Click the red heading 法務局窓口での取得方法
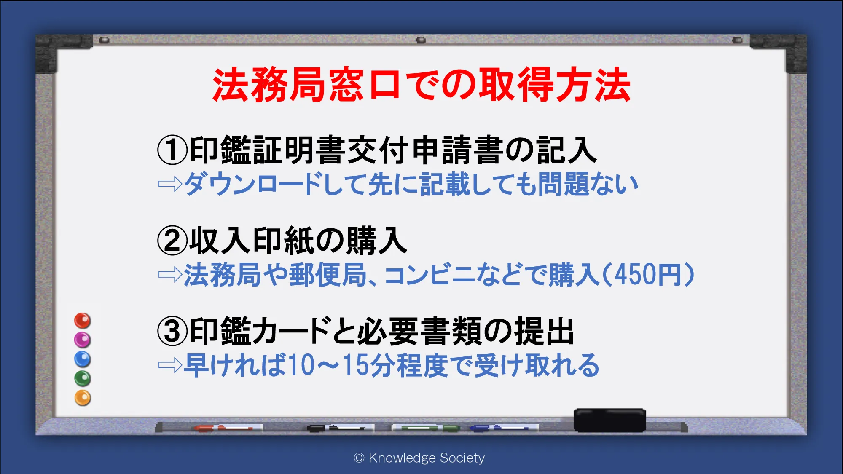(x=421, y=85)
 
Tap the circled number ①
(x=172, y=150)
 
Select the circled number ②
(x=172, y=241)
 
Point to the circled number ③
(x=172, y=331)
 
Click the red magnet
(x=83, y=321)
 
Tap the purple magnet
(x=83, y=340)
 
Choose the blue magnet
(x=83, y=359)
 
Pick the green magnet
(x=83, y=379)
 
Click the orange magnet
(x=83, y=398)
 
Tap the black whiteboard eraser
(x=609, y=420)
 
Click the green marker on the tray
(x=426, y=428)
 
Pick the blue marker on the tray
(x=504, y=428)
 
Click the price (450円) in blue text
(x=649, y=275)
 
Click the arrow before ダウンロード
(x=170, y=184)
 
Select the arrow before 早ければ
(x=170, y=365)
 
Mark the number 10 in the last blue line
(x=302, y=365)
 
